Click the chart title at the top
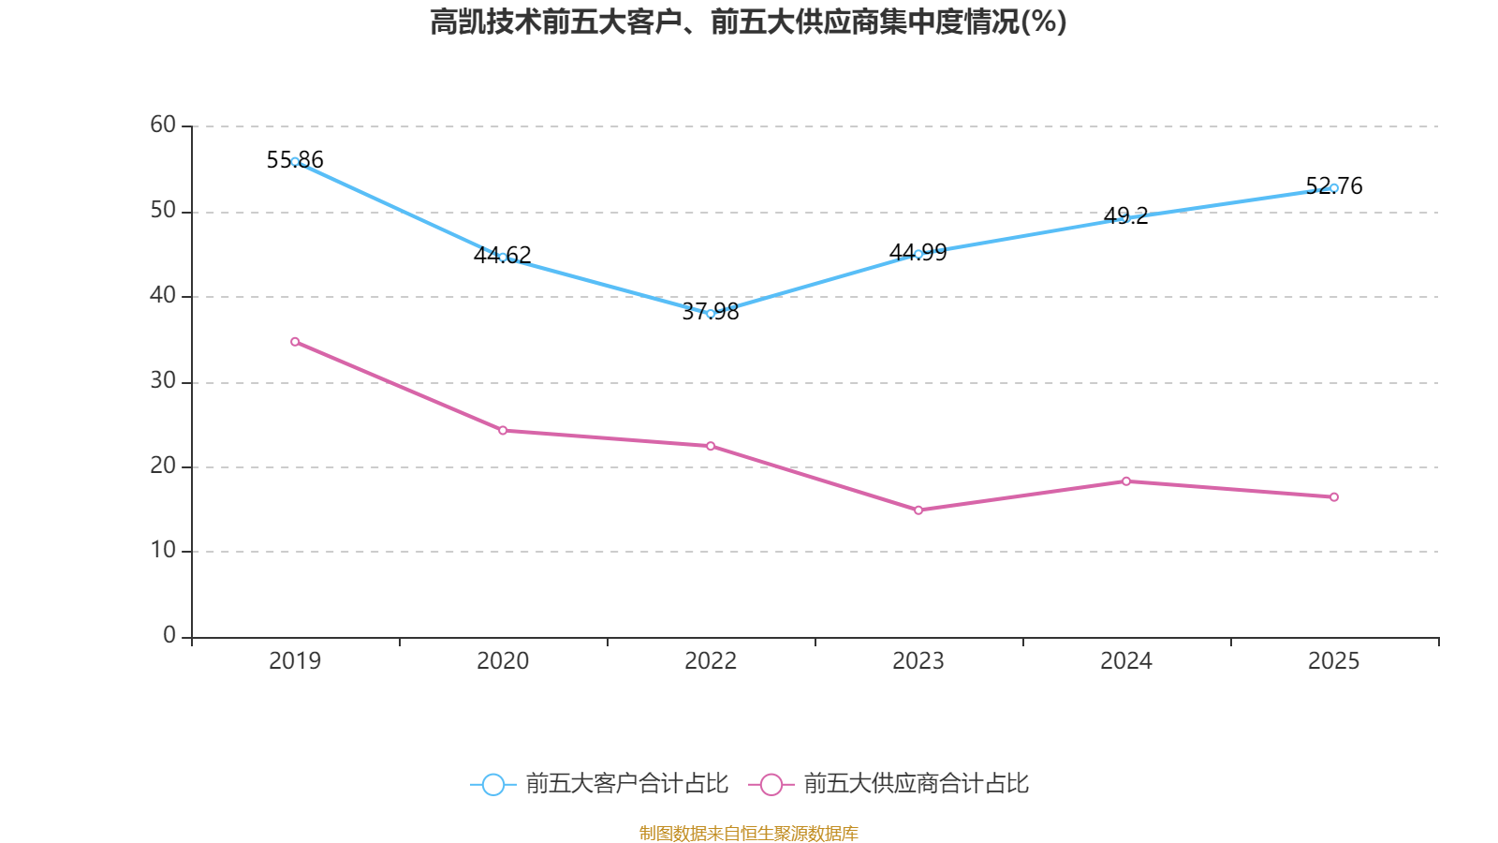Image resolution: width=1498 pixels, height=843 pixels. (748, 22)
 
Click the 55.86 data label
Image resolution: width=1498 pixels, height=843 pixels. (295, 160)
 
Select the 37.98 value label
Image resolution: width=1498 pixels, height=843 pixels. (711, 312)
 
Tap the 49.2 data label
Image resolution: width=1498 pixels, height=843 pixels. (1125, 215)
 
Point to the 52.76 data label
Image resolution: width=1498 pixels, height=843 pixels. (1333, 185)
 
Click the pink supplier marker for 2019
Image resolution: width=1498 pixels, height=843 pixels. (295, 342)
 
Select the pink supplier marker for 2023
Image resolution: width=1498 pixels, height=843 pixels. (918, 510)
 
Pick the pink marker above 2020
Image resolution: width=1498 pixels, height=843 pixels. (503, 430)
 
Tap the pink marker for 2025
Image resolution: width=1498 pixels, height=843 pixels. (1333, 497)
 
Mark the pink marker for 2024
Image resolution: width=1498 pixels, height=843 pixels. (1126, 481)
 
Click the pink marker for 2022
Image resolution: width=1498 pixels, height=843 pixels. (711, 446)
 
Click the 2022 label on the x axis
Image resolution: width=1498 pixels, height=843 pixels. (711, 661)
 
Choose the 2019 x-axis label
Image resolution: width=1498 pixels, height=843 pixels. (295, 661)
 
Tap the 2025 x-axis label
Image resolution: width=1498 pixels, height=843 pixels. (1333, 661)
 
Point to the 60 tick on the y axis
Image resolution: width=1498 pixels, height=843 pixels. (163, 125)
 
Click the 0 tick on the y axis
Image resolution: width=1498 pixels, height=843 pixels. (169, 635)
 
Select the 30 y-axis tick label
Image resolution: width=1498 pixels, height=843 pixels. (163, 380)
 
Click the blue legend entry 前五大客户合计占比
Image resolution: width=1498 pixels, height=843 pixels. (599, 783)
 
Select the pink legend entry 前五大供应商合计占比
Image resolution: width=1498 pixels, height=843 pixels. (889, 783)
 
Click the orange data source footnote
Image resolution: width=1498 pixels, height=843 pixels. (748, 833)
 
